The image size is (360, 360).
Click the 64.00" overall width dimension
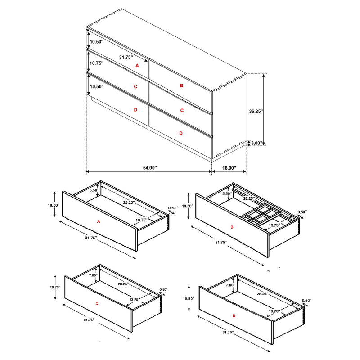[149, 167]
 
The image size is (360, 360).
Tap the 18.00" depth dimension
[229, 167]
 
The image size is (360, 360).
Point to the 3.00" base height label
[257, 143]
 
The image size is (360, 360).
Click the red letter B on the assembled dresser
[181, 85]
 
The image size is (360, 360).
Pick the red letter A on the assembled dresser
[138, 65]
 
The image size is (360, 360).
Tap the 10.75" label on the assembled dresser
[96, 63]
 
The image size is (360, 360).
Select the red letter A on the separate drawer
[99, 221]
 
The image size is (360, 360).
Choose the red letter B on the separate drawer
[232, 228]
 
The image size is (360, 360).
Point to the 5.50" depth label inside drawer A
[94, 190]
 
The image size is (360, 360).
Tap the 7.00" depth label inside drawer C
[93, 275]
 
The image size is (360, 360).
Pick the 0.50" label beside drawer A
[172, 208]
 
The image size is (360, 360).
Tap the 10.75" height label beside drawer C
[55, 287]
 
